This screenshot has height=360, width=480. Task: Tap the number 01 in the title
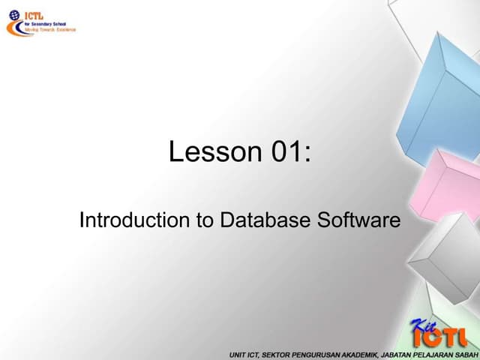[287, 151]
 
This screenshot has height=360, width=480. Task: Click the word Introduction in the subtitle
[124, 220]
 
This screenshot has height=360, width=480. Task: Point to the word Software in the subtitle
[359, 220]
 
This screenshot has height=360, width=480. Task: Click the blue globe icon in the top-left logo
[13, 14]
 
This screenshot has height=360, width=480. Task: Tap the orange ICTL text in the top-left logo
[35, 13]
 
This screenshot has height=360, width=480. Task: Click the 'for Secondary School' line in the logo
[47, 22]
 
